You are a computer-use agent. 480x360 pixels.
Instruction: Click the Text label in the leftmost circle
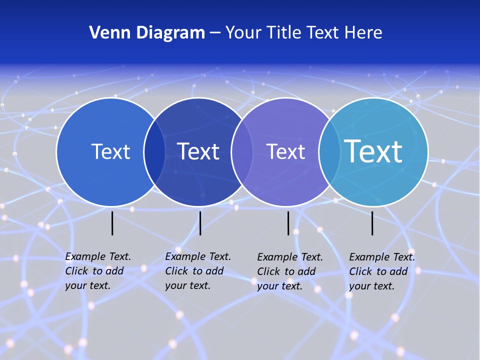coord(110,151)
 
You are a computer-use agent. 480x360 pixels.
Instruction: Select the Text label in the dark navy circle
coord(198,151)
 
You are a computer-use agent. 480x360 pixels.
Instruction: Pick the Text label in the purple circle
coord(285,151)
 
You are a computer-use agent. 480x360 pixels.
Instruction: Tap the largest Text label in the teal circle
coord(373,151)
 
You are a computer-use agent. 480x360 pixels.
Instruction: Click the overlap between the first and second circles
coord(154,152)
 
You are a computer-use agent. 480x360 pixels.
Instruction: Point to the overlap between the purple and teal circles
coord(329,152)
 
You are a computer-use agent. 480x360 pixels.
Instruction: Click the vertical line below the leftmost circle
coord(112,223)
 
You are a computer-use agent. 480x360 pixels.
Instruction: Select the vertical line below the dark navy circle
coord(200,223)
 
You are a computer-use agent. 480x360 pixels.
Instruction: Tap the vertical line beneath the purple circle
coord(288,223)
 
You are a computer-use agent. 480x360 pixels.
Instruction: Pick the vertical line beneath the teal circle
coord(372,223)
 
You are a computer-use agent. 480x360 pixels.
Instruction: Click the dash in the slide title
coord(215,33)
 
